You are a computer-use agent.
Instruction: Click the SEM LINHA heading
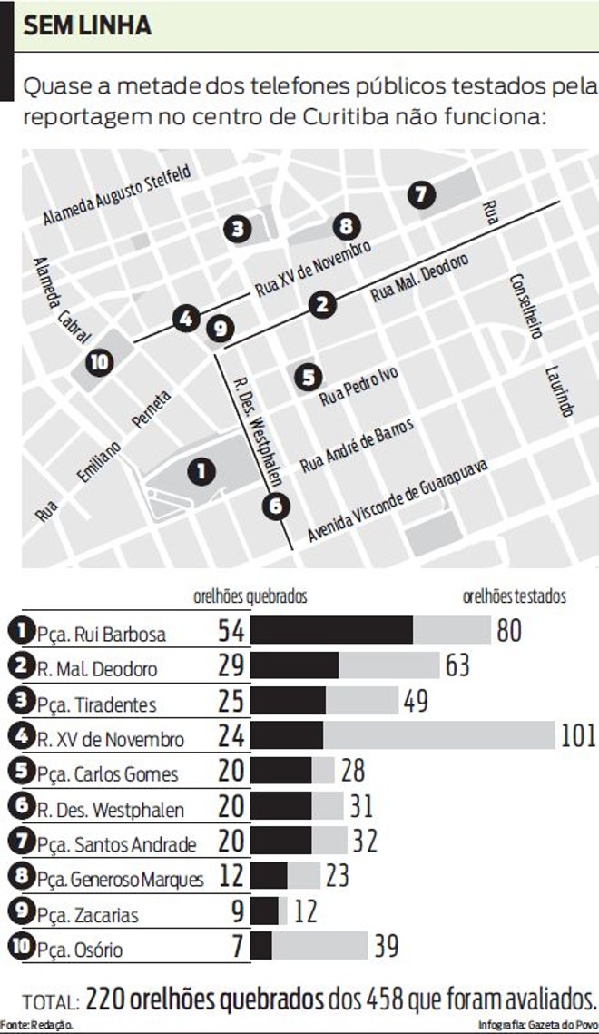[87, 26]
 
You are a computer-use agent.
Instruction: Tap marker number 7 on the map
[419, 193]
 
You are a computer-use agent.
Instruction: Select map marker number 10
[100, 362]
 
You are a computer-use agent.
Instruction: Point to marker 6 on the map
[276, 506]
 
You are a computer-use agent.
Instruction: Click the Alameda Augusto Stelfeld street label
[117, 196]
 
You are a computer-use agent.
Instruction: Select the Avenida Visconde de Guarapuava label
[398, 499]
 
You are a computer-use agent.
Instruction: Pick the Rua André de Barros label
[357, 445]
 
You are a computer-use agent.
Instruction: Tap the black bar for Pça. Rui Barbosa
[331, 631]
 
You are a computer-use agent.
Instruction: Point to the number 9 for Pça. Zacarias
[237, 911]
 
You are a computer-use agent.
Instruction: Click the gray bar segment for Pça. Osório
[319, 946]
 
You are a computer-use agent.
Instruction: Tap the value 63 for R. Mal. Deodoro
[457, 665]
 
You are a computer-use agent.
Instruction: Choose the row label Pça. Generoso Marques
[121, 880]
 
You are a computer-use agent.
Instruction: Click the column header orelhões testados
[514, 596]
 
